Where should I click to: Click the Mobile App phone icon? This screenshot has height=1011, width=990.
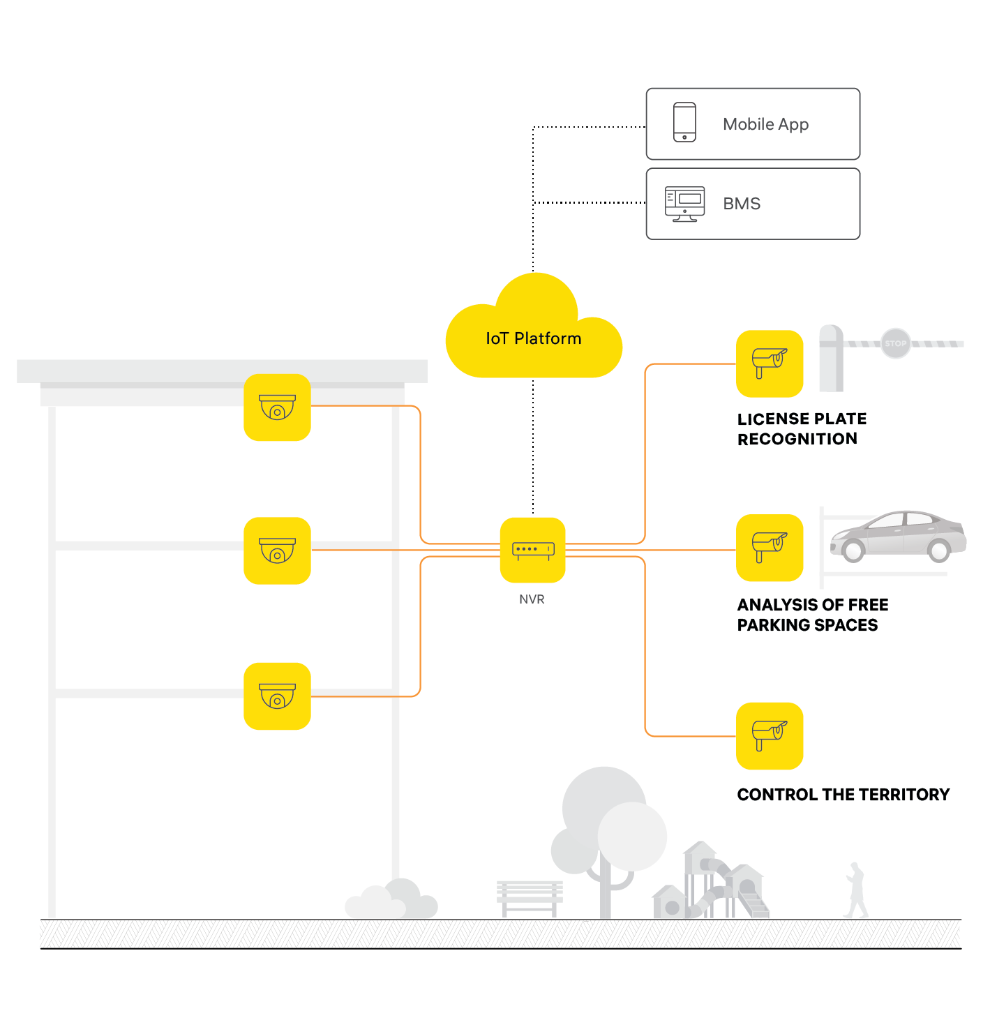tap(684, 122)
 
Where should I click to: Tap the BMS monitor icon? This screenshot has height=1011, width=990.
tap(684, 204)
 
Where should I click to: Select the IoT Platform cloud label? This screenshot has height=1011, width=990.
tap(534, 338)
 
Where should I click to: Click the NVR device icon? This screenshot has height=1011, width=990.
tap(533, 550)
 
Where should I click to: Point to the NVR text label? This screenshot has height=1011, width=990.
tap(532, 599)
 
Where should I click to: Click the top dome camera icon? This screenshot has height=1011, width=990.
tap(277, 407)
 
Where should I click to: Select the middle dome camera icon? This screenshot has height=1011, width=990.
tap(277, 551)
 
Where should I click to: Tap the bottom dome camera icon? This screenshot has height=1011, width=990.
tap(277, 696)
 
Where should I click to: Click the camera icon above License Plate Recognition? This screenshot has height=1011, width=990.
tap(770, 364)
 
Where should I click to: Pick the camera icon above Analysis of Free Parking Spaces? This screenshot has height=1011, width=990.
tap(770, 548)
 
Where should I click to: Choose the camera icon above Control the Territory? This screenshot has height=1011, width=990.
tap(770, 736)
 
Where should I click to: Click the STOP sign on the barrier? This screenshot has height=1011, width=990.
tap(896, 343)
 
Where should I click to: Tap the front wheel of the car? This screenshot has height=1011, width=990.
tap(853, 550)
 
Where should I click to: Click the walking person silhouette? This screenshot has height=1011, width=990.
tap(856, 890)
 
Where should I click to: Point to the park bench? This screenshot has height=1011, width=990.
tap(530, 897)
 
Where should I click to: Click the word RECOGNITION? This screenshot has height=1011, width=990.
tap(797, 439)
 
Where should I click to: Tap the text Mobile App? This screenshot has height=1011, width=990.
tap(765, 124)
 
